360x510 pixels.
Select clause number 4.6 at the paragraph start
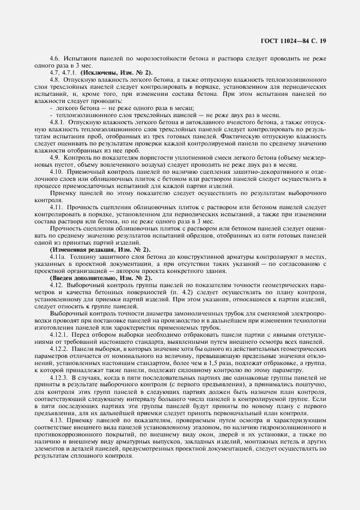(54, 58)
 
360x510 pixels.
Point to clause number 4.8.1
(57, 122)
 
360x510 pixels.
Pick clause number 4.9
(54, 157)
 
